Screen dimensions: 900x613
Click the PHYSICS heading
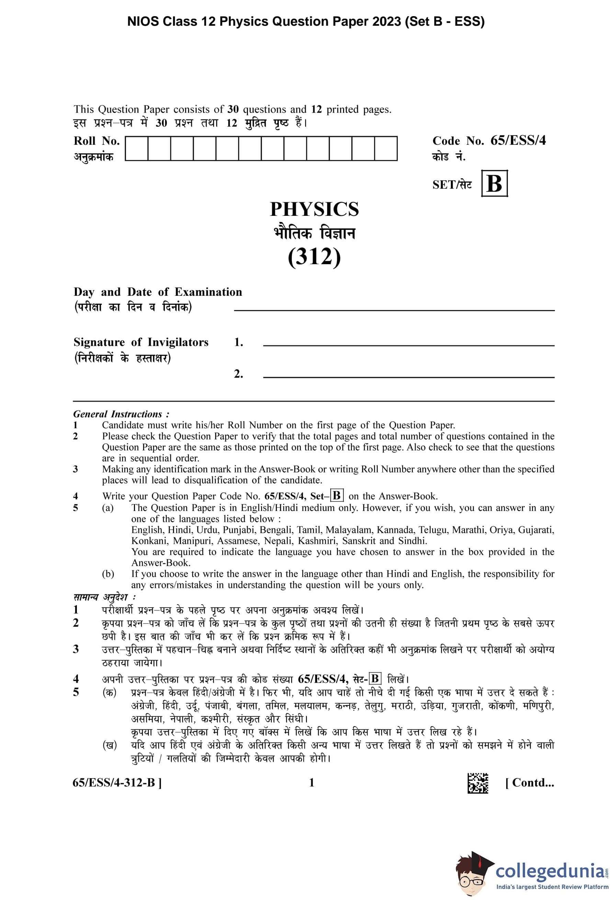[314, 210]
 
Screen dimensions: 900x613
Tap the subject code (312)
[314, 257]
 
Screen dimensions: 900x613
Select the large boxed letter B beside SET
[494, 183]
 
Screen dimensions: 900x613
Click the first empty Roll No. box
[136, 148]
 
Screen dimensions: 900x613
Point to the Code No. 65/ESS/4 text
[489, 141]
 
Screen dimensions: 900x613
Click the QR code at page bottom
[478, 783]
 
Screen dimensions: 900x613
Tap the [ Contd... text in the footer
[529, 783]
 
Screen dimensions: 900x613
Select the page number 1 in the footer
[311, 783]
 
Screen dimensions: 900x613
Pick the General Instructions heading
[121, 414]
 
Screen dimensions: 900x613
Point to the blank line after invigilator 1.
[408, 345]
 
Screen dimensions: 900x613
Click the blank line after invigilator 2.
[408, 376]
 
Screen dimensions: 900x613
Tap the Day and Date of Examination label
[158, 292]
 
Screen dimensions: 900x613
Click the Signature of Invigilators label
[141, 342]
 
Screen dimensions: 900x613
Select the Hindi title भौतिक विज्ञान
[314, 234]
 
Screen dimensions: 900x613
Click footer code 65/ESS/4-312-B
[117, 783]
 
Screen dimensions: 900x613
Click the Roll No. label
[97, 141]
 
